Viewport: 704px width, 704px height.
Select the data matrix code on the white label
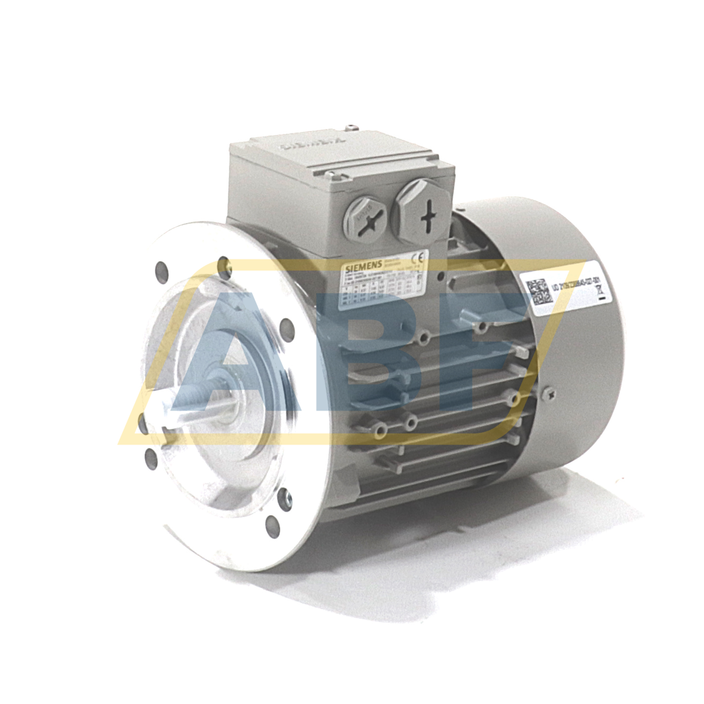[537, 292]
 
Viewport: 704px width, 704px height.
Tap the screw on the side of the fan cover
[552, 394]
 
